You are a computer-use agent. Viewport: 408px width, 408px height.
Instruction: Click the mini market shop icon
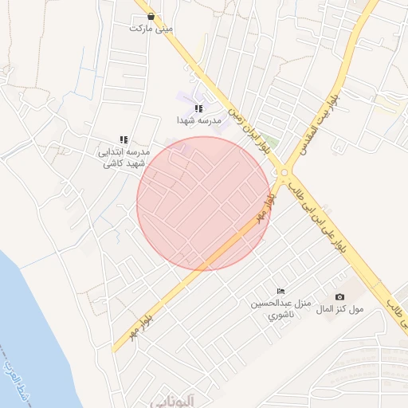point(151,16)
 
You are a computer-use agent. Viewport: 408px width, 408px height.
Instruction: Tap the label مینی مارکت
point(151,29)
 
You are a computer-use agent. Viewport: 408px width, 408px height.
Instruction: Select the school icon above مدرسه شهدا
point(198,108)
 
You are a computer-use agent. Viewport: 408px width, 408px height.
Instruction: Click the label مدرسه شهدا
point(198,120)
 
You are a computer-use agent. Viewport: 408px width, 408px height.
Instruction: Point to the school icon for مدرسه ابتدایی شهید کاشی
point(124,139)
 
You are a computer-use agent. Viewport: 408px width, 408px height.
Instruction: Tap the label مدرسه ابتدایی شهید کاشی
point(124,157)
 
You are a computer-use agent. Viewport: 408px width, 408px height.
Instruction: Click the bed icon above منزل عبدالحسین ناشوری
point(280,292)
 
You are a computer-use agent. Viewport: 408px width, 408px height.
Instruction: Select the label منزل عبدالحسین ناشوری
point(280,308)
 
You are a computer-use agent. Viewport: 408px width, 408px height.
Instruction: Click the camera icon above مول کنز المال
point(340,297)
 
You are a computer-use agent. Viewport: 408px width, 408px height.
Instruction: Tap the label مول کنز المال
point(340,309)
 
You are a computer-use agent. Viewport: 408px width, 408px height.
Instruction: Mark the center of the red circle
point(203,203)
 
